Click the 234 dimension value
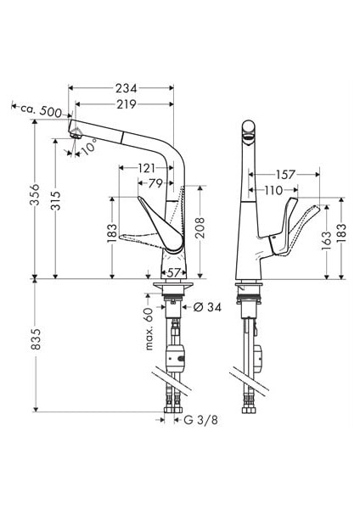pos(126,88)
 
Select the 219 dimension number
pos(126,104)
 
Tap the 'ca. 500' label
pos(41,110)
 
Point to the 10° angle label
pos(88,148)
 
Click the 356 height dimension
pos(35,194)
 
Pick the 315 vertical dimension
pos(55,200)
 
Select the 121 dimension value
pos(147,168)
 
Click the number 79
pos(155,183)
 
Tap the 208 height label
pos(200,227)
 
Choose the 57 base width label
pos(173,272)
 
